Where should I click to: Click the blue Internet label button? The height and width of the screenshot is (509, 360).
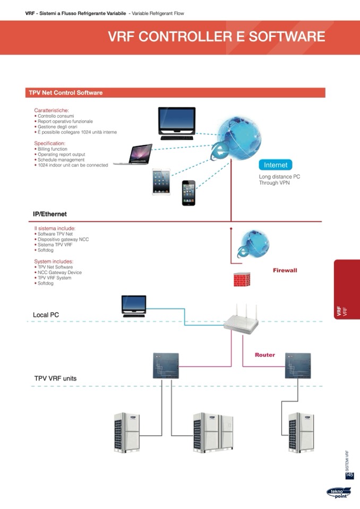point(275,165)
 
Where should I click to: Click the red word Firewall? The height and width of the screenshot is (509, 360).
point(285,270)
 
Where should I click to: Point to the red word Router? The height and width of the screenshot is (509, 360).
point(265,355)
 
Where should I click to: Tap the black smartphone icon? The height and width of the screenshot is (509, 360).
point(188,193)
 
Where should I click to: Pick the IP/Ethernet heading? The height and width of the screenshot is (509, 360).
point(50,214)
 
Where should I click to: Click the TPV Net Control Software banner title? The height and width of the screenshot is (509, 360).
point(66,93)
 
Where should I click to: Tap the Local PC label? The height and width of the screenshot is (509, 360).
point(46,315)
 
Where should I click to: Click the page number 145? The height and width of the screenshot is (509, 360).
point(349,475)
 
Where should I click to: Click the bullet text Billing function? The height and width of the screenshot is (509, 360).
point(53,149)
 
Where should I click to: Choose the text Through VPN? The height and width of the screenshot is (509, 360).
point(274,183)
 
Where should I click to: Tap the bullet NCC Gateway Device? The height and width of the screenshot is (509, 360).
point(59,272)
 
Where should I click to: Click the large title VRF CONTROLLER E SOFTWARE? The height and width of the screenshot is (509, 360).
point(216,37)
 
